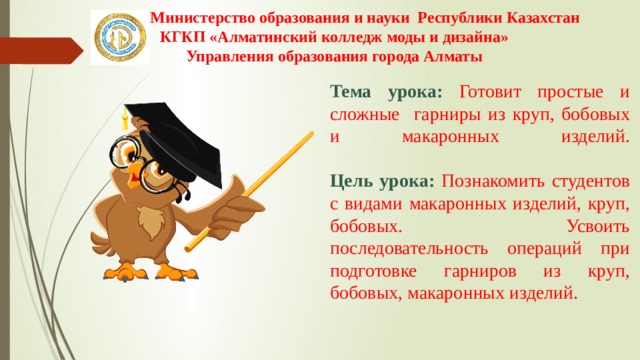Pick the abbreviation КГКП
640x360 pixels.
coord(183,37)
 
